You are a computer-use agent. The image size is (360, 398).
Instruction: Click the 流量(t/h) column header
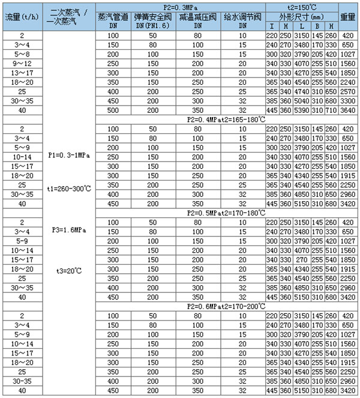22,17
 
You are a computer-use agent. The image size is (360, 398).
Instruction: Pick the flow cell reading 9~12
22,63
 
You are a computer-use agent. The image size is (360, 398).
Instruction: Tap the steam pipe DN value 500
115,110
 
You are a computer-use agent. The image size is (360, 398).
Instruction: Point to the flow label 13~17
22,72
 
